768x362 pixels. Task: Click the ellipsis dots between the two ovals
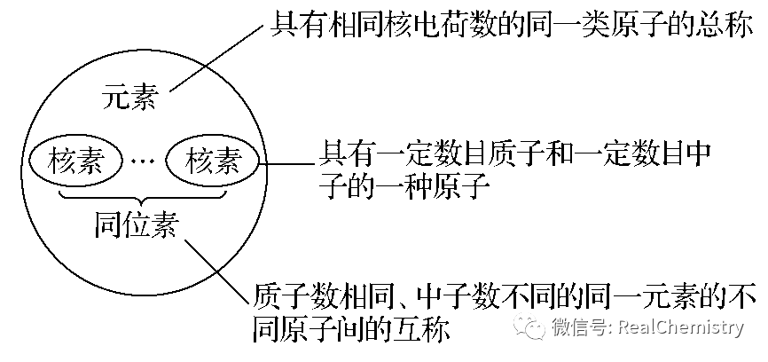point(144,161)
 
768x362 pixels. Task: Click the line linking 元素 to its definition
point(216,58)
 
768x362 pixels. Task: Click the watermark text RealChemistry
point(681,326)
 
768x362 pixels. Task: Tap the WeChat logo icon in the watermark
point(528,325)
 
